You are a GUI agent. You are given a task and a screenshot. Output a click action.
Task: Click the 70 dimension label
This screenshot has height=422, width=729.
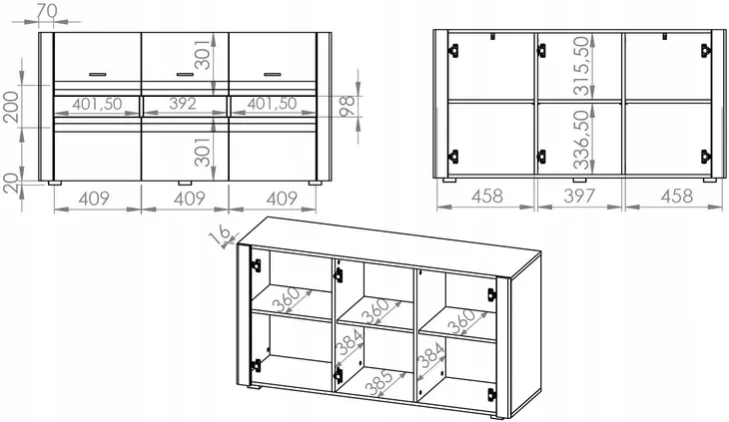(46, 11)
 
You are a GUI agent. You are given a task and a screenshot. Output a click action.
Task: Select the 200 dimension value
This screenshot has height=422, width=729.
(11, 107)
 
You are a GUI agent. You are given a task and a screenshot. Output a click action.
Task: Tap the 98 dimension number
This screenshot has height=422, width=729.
(348, 106)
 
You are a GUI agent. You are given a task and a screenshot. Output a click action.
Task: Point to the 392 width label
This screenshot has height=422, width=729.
(183, 104)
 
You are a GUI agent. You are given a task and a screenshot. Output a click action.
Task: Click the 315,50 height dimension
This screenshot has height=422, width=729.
(581, 66)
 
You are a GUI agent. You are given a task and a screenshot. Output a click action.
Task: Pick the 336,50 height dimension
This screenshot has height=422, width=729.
(581, 140)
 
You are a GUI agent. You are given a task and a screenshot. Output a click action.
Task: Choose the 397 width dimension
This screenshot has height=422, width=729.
(579, 196)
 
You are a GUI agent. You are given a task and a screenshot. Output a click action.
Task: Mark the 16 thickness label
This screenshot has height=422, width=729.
(221, 234)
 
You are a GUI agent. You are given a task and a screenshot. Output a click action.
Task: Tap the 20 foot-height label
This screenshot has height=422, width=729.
(11, 184)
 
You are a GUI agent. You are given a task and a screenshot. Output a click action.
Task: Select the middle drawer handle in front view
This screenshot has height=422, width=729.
(185, 74)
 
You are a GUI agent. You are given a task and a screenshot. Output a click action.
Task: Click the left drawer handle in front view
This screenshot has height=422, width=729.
(98, 74)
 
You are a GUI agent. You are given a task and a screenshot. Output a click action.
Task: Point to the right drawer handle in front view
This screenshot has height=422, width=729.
(272, 74)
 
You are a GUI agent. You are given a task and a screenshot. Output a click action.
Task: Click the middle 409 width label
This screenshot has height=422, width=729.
(189, 199)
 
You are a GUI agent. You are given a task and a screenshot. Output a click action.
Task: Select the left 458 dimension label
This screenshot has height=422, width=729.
(486, 196)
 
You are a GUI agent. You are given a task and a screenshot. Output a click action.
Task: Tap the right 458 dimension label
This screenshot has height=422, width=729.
(677, 196)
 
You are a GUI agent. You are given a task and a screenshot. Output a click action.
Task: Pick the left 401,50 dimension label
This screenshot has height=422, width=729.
(97, 104)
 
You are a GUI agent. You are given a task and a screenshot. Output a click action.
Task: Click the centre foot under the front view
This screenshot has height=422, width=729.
(185, 183)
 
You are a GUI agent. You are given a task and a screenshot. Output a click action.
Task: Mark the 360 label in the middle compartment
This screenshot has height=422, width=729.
(375, 311)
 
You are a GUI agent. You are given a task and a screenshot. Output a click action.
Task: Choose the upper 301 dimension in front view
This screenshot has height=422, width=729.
(203, 55)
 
